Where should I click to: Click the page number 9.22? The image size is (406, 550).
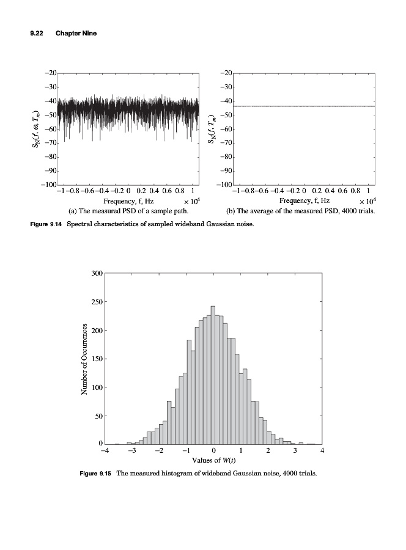click(x=38, y=33)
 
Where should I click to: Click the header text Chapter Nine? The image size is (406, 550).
click(x=76, y=33)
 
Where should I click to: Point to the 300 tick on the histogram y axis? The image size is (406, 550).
click(x=95, y=273)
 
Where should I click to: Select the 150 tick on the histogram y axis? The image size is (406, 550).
click(x=95, y=359)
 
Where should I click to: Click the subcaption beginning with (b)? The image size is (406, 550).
click(x=300, y=211)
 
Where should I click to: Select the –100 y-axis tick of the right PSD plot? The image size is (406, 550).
click(x=226, y=185)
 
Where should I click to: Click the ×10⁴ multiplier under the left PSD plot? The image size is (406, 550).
click(x=192, y=201)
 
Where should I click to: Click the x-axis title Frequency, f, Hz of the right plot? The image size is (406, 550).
click(x=304, y=200)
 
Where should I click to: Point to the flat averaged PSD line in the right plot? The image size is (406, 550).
click(x=304, y=106)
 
